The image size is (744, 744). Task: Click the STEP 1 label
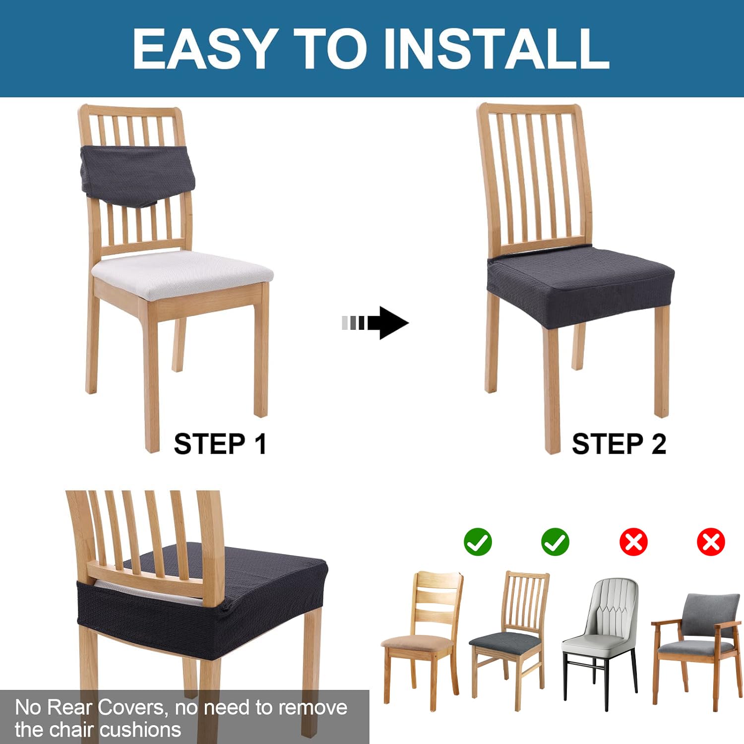220,443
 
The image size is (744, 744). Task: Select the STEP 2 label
619,443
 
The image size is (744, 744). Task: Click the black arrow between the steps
375,323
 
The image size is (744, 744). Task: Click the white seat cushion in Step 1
182,274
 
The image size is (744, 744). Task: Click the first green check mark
478,542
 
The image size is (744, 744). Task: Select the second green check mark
556,542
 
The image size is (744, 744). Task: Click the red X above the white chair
633,542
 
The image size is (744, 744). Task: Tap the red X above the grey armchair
711,542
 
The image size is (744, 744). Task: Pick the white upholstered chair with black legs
600,642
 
